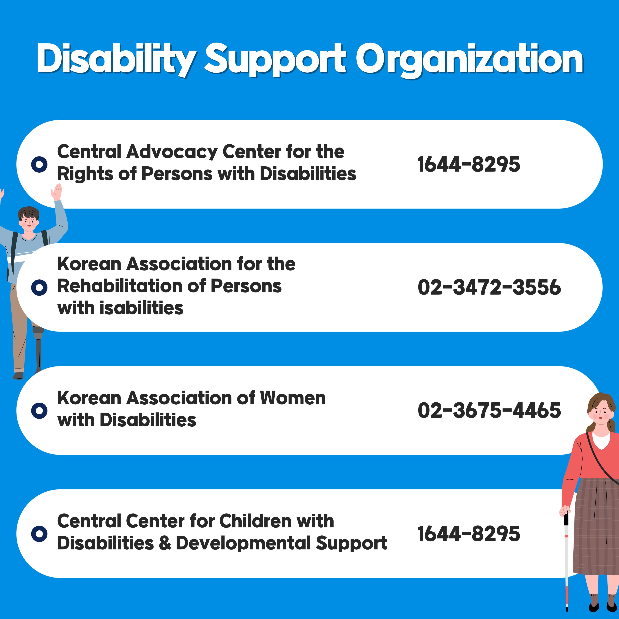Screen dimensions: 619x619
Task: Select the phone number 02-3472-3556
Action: (489, 287)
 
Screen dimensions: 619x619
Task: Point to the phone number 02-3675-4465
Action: (489, 410)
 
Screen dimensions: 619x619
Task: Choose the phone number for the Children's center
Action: (469, 534)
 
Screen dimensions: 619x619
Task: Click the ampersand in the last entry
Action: (165, 543)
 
